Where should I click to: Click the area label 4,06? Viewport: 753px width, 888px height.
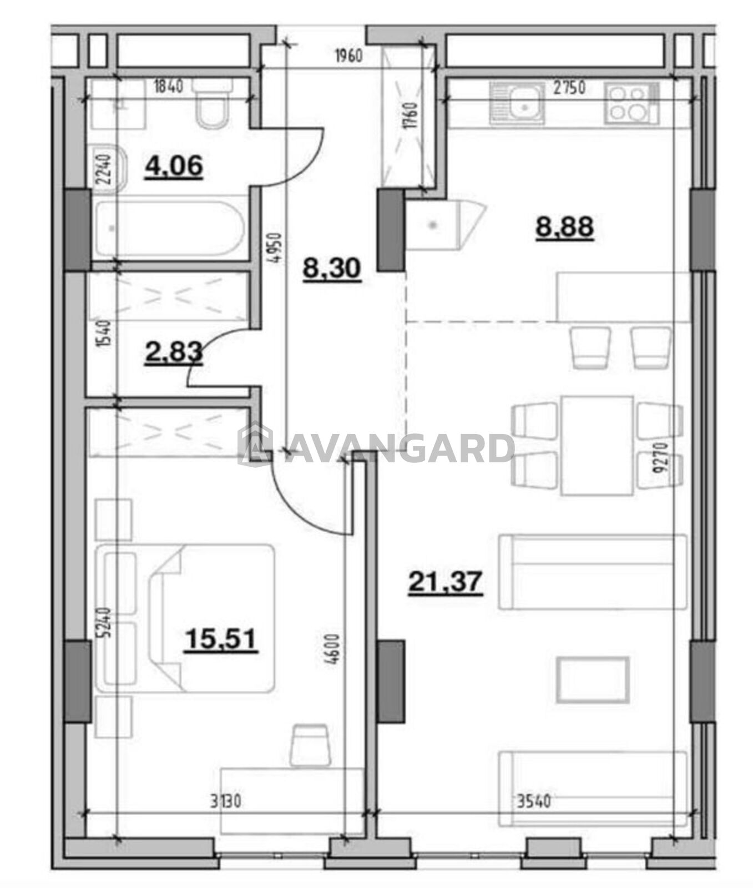(174, 166)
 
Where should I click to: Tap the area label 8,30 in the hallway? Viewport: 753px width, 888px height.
(332, 269)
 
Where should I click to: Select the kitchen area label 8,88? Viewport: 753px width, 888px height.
(565, 226)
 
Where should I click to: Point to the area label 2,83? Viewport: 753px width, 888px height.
(173, 352)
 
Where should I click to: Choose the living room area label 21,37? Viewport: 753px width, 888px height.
(445, 582)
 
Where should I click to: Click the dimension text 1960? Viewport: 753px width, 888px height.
(348, 56)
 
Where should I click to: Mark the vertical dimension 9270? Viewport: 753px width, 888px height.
(659, 457)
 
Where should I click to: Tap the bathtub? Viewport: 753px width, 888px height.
(170, 229)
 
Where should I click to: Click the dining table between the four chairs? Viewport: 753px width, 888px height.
(598, 445)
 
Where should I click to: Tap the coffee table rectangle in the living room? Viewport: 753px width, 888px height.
(593, 680)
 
